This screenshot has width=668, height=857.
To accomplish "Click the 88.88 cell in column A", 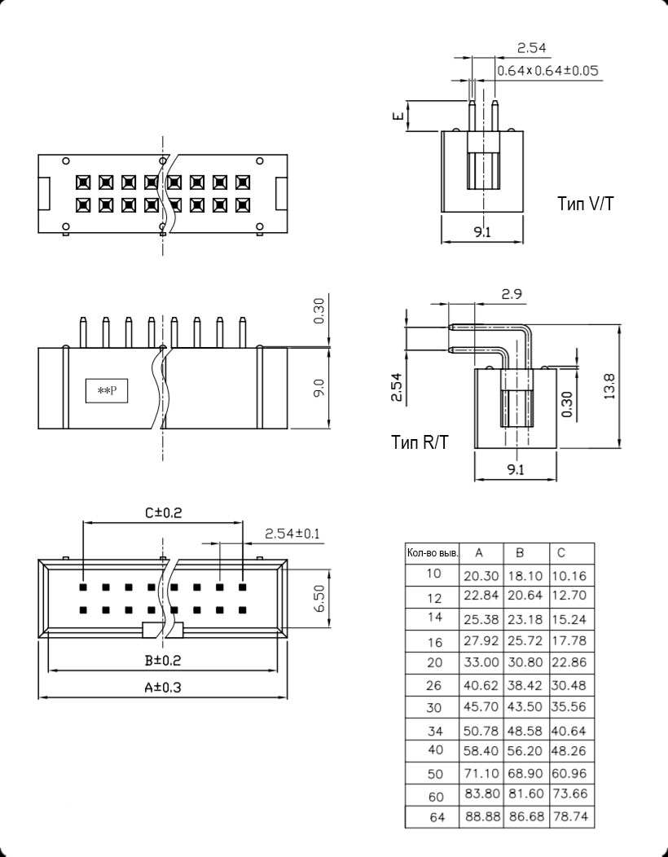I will pyautogui.click(x=481, y=816).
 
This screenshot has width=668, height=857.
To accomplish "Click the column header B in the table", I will pyautogui.click(x=520, y=553).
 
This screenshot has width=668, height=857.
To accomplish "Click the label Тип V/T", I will pyautogui.click(x=586, y=203).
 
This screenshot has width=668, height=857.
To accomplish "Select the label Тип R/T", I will pyautogui.click(x=420, y=442).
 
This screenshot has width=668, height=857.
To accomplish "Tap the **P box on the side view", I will pyautogui.click(x=108, y=392).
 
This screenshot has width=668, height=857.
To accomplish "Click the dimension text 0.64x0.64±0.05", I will pyautogui.click(x=547, y=71).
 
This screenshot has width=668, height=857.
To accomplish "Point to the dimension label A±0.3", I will pyautogui.click(x=163, y=688).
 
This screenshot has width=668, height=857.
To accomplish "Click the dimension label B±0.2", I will pyautogui.click(x=163, y=660).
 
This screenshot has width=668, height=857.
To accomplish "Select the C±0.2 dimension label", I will pyautogui.click(x=163, y=512).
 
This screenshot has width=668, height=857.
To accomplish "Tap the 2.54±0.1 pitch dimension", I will pyautogui.click(x=292, y=534).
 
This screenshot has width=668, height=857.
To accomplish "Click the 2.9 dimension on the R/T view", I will pyautogui.click(x=512, y=294).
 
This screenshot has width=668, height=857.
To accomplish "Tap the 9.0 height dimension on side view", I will pyautogui.click(x=319, y=389).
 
